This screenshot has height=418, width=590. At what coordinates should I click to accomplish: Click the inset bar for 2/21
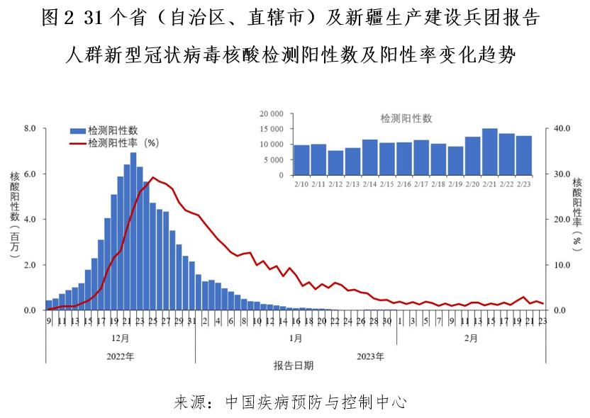pyautogui.click(x=489, y=152)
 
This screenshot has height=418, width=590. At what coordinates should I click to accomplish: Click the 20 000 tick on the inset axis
pyautogui.click(x=272, y=114)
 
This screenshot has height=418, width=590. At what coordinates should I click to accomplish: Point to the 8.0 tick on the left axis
pyautogui.click(x=30, y=128)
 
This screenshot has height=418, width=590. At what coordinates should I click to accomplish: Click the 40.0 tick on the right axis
pyautogui.click(x=562, y=128)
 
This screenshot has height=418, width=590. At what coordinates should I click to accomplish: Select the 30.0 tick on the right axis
pyautogui.click(x=562, y=174)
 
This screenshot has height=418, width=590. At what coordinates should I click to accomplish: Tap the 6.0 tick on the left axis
pyautogui.click(x=30, y=174)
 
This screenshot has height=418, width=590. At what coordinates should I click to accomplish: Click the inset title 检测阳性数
pyautogui.click(x=406, y=118)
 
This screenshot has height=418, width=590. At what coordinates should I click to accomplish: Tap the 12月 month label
pyautogui.click(x=120, y=338)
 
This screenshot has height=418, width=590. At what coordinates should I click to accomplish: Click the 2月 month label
pyautogui.click(x=470, y=338)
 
